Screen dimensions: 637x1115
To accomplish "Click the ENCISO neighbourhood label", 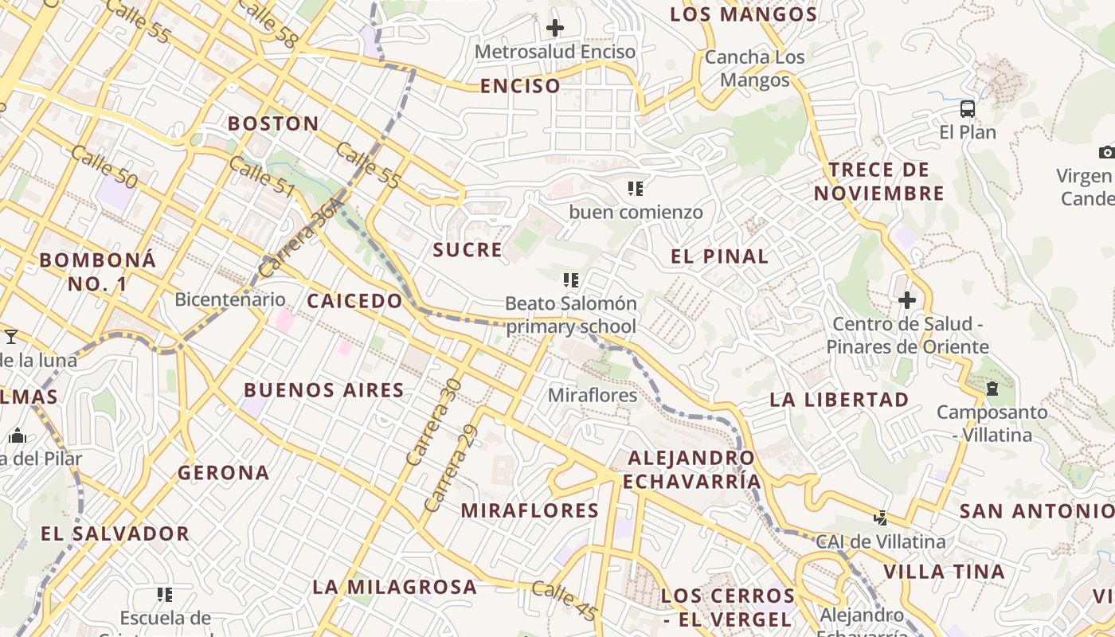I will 520,86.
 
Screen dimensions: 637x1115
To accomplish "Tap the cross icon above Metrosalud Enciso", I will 555,29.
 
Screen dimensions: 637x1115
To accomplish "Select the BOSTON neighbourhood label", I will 273,123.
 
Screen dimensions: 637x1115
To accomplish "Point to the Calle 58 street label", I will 267,23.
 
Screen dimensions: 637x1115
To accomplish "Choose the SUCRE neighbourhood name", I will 468,250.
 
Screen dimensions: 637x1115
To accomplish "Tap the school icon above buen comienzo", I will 636,189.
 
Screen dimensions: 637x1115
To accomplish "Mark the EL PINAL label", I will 720,256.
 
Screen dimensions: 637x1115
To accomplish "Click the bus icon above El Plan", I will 968,109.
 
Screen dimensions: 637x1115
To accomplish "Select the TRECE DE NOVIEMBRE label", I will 879,182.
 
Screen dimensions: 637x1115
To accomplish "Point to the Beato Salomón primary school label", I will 571,315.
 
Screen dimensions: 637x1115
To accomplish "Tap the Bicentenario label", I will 229,299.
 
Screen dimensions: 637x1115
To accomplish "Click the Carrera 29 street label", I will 444,480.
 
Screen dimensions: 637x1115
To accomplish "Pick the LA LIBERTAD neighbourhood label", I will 839,400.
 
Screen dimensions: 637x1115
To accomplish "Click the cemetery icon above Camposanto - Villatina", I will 992,389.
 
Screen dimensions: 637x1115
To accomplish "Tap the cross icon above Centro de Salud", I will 907,300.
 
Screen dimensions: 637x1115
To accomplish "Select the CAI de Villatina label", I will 881,541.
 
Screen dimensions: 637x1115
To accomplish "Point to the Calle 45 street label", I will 564,601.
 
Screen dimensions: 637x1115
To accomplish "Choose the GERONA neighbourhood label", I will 224,473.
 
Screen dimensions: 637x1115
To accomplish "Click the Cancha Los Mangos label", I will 755,68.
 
